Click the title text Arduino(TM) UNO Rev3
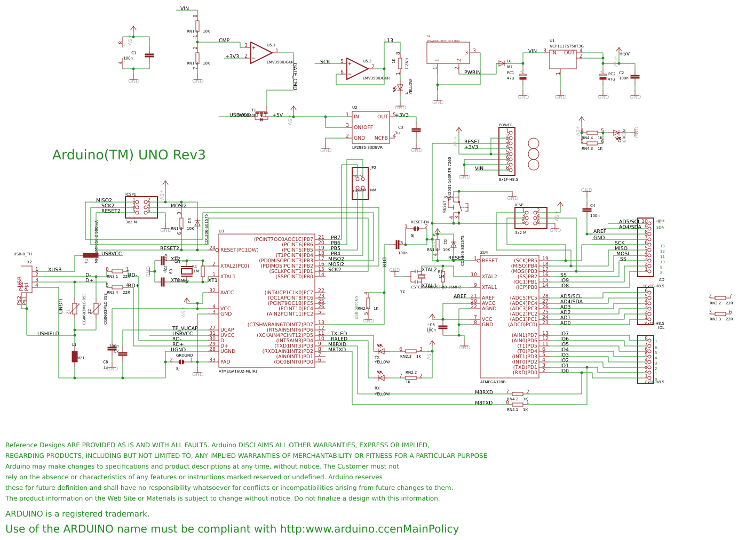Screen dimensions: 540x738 [x=129, y=155]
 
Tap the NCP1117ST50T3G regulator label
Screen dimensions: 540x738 [x=566, y=46]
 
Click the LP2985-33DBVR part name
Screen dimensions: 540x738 [x=367, y=148]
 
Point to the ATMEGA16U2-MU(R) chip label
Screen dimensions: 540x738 [x=237, y=372]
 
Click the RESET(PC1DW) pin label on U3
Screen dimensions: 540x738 [x=239, y=250]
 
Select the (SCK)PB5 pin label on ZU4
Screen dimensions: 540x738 [x=525, y=261]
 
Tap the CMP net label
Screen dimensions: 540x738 [x=224, y=41]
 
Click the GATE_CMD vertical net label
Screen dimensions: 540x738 [x=295, y=77]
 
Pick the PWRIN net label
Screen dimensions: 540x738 [x=472, y=72]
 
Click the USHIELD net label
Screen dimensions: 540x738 [x=48, y=334]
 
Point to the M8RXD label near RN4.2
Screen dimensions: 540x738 [x=484, y=392]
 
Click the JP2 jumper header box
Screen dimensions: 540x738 [x=360, y=183]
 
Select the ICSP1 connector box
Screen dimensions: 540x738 [x=141, y=207]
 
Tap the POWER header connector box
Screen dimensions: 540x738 [x=507, y=151]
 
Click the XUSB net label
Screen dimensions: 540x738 [x=54, y=270]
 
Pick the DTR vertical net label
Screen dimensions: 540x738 [x=384, y=262]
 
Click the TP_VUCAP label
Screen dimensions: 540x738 [x=185, y=328]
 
